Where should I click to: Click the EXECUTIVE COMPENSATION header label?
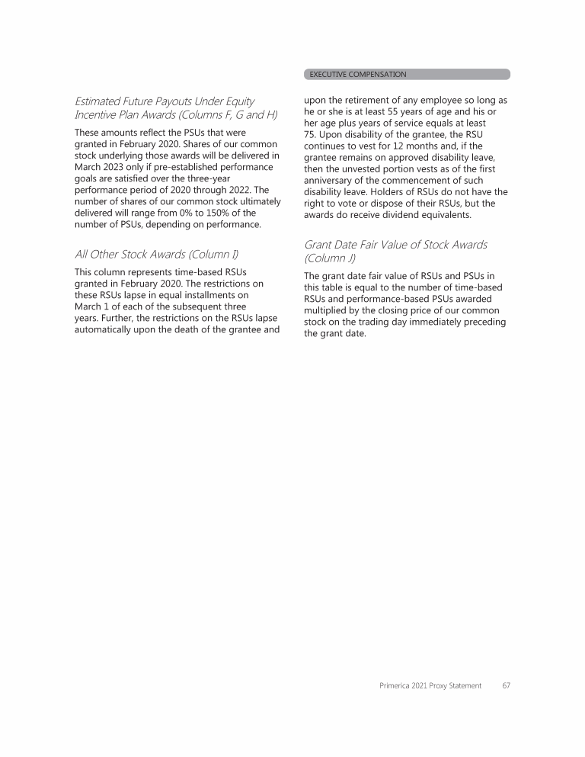point(357,75)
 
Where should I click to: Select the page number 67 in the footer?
point(506,685)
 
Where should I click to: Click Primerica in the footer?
point(396,685)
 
